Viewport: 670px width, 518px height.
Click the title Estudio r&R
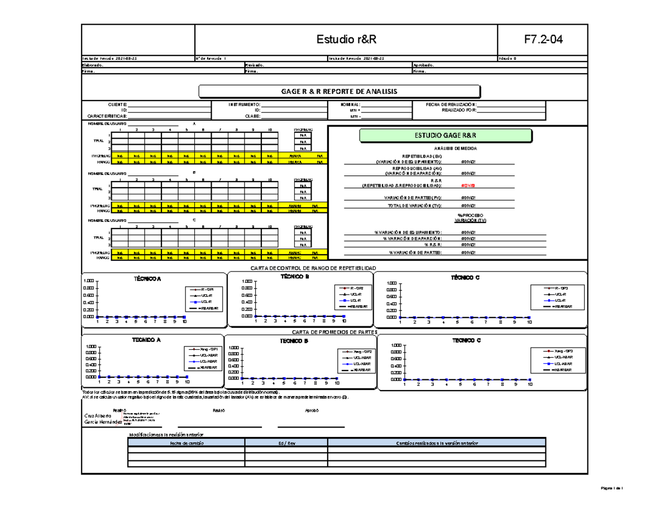pos(346,40)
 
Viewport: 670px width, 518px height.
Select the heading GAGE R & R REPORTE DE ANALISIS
pos(339,91)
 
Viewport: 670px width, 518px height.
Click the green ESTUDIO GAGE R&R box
pos(446,135)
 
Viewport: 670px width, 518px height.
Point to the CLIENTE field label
pos(118,105)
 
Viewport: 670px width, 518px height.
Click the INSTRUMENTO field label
pos(244,105)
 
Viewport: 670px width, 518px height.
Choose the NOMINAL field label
pos(351,105)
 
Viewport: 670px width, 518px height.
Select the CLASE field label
pos(253,116)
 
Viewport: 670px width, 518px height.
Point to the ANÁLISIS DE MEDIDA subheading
pos(446,148)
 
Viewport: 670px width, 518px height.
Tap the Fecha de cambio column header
pos(186,443)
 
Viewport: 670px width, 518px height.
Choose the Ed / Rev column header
pos(286,443)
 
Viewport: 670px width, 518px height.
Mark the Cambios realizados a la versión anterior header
pos(437,443)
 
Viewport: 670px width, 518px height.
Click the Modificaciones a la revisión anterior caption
pos(167,434)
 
